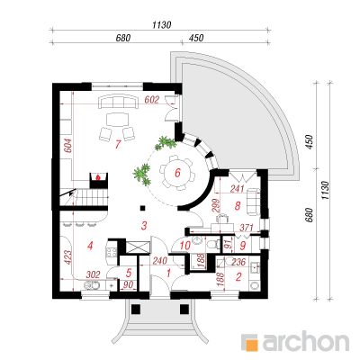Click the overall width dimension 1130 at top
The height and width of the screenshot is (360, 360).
[161, 24]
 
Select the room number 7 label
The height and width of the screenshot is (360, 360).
[118, 145]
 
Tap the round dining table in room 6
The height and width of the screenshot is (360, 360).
[177, 173]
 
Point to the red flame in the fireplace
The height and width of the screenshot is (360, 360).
[97, 177]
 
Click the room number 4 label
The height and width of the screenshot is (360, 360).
[90, 246]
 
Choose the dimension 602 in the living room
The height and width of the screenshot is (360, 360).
[151, 100]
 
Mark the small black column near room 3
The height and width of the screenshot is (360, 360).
[143, 208]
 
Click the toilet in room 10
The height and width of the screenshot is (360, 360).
[212, 243]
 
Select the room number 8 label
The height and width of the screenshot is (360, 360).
[238, 206]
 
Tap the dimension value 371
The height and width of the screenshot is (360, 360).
[247, 228]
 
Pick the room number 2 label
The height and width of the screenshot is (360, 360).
[238, 276]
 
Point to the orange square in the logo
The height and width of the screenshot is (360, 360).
[252, 345]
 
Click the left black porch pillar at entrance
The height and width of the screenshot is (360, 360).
[136, 309]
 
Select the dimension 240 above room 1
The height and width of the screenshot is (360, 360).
[159, 261]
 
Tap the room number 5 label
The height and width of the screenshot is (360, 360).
[129, 273]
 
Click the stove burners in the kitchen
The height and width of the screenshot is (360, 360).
[112, 252]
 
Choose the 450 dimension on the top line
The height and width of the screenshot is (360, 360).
[196, 38]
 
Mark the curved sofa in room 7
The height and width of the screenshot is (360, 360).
[118, 102]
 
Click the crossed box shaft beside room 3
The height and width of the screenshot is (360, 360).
[138, 247]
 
